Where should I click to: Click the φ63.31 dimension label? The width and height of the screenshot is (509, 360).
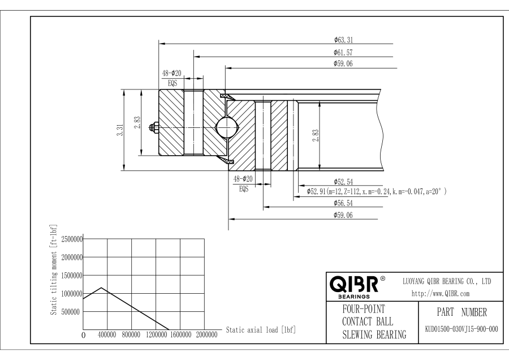[343, 40]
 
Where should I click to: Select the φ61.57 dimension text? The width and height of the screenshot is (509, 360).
[343, 52]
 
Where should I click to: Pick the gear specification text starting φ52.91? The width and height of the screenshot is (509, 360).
[376, 192]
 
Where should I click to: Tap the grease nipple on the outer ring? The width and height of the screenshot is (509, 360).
[153, 128]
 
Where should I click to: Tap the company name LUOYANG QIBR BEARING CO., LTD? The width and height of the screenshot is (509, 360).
[446, 281]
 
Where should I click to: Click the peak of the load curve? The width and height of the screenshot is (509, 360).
[101, 288]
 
